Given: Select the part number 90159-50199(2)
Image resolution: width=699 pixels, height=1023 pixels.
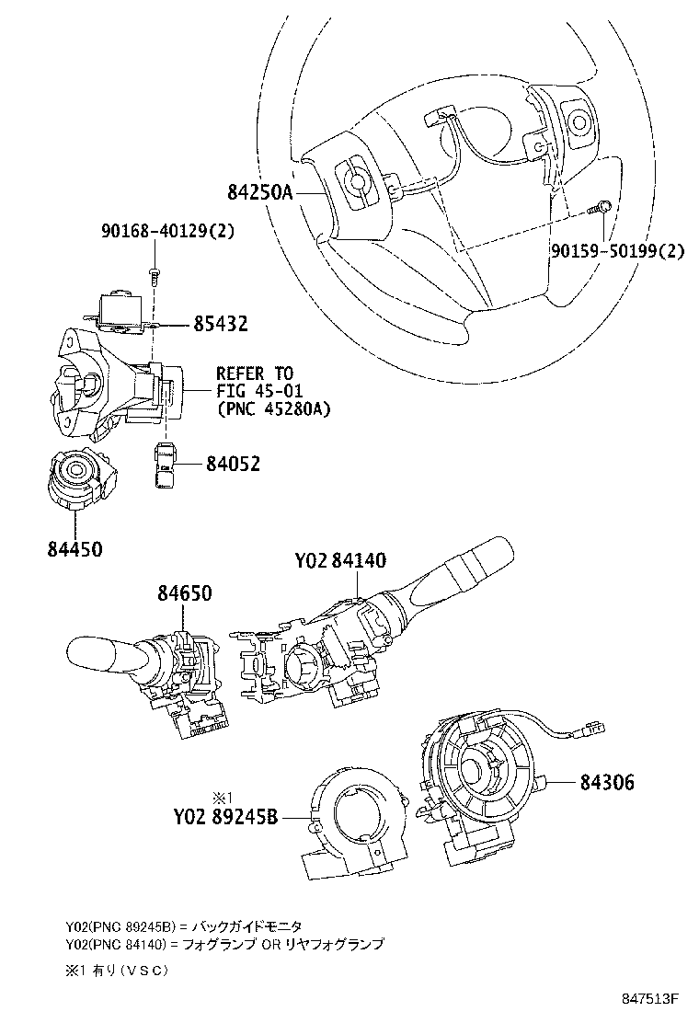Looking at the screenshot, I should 617,250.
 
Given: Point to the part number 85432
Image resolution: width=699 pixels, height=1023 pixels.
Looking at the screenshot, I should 221,324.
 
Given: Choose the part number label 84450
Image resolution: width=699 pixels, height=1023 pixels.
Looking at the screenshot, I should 74,549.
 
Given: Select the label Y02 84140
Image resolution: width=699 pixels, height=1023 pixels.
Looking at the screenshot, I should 339,560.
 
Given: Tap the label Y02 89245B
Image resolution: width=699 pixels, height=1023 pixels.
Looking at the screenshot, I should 224,815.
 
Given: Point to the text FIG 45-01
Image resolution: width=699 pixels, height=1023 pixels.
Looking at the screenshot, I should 255,391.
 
